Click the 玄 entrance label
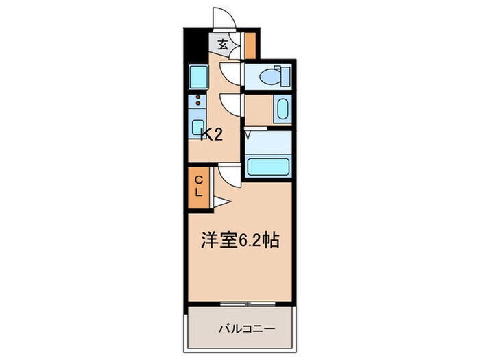tap(223, 46)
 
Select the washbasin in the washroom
tap(281, 109)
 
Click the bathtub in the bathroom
tap(269, 167)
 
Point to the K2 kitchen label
tap(211, 134)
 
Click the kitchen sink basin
tap(199, 128)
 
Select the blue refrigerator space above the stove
tap(198, 75)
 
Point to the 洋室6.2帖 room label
tap(239, 241)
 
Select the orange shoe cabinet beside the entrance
tap(250, 45)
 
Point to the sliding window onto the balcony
tap(241, 302)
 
